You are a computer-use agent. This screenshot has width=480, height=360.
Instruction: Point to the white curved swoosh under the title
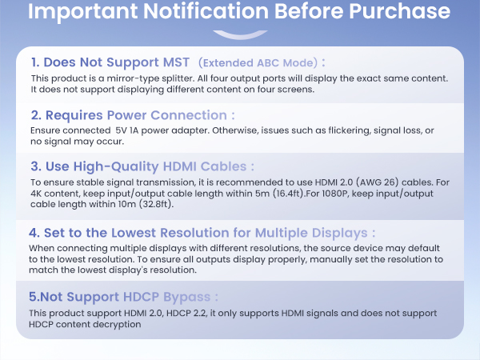(239, 34)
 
